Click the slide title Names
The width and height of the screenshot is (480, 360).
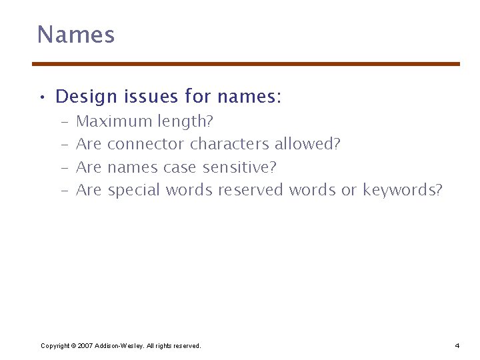[x=75, y=35]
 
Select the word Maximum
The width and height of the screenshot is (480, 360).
[x=114, y=121]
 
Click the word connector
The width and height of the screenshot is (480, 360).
[x=146, y=144]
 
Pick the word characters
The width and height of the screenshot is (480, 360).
[x=230, y=144]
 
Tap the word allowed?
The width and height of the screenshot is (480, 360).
[x=307, y=144]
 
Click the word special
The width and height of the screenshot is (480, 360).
[x=134, y=190]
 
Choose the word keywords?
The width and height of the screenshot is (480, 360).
[x=402, y=190]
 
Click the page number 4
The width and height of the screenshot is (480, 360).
[x=457, y=345]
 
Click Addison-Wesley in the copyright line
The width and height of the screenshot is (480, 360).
[x=118, y=345]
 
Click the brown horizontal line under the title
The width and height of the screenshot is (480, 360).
[x=246, y=64]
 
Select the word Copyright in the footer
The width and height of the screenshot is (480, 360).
[x=55, y=345]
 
